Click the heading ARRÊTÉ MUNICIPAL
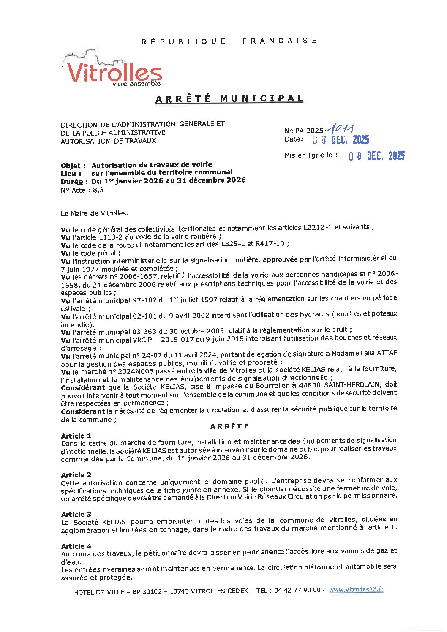click(229, 99)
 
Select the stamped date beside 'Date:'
click(341, 140)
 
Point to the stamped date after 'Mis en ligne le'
click(376, 156)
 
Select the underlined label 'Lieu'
click(68, 173)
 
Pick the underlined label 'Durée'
click(71, 181)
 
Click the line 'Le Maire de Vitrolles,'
click(94, 213)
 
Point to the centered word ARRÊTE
click(229, 426)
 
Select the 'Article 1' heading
click(76, 436)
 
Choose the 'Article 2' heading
click(76, 475)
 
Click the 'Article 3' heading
click(76, 514)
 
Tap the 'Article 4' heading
click(76, 546)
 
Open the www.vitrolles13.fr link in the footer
click(356, 589)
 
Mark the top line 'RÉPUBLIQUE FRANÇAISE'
click(229, 41)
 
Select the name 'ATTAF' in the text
click(385, 353)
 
